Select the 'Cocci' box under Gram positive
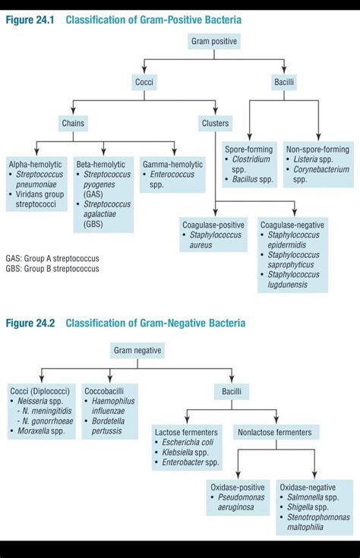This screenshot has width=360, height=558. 144,81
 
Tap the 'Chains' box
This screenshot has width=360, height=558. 74,123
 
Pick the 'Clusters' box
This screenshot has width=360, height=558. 216,123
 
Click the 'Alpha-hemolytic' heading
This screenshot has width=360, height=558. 35,164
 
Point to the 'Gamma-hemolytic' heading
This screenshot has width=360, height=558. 172,164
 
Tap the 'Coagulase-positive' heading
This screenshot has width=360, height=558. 213,225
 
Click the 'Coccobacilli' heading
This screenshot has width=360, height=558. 106,390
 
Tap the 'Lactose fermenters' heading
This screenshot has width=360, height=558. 187,431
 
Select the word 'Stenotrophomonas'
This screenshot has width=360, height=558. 319,517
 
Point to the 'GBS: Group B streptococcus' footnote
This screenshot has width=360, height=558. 52,269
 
